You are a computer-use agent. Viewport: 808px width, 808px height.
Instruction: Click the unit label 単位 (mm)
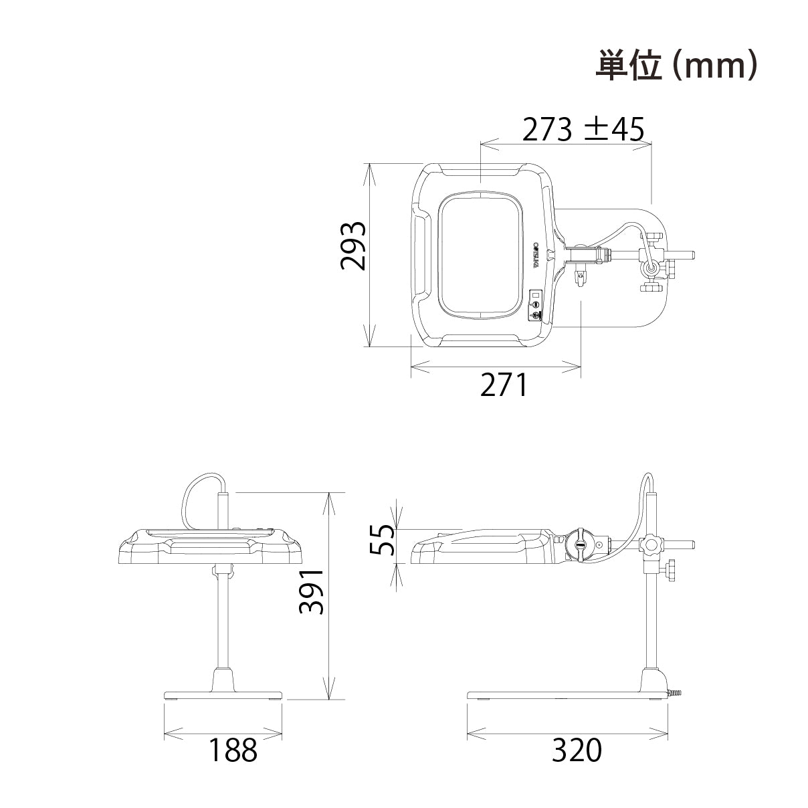pyautogui.click(x=676, y=66)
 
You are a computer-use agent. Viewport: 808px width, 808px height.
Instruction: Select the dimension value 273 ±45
pyautogui.click(x=583, y=130)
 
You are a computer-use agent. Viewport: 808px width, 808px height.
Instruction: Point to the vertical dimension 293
pyautogui.click(x=352, y=245)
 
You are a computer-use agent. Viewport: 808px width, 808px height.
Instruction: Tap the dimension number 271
pyautogui.click(x=504, y=385)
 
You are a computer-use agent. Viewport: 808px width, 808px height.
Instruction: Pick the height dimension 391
pyautogui.click(x=311, y=592)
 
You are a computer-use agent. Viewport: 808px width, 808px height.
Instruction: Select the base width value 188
pyautogui.click(x=233, y=750)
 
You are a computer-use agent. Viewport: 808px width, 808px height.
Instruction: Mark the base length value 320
pyautogui.click(x=577, y=750)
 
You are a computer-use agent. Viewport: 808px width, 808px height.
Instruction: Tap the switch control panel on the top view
pyautogui.click(x=536, y=306)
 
